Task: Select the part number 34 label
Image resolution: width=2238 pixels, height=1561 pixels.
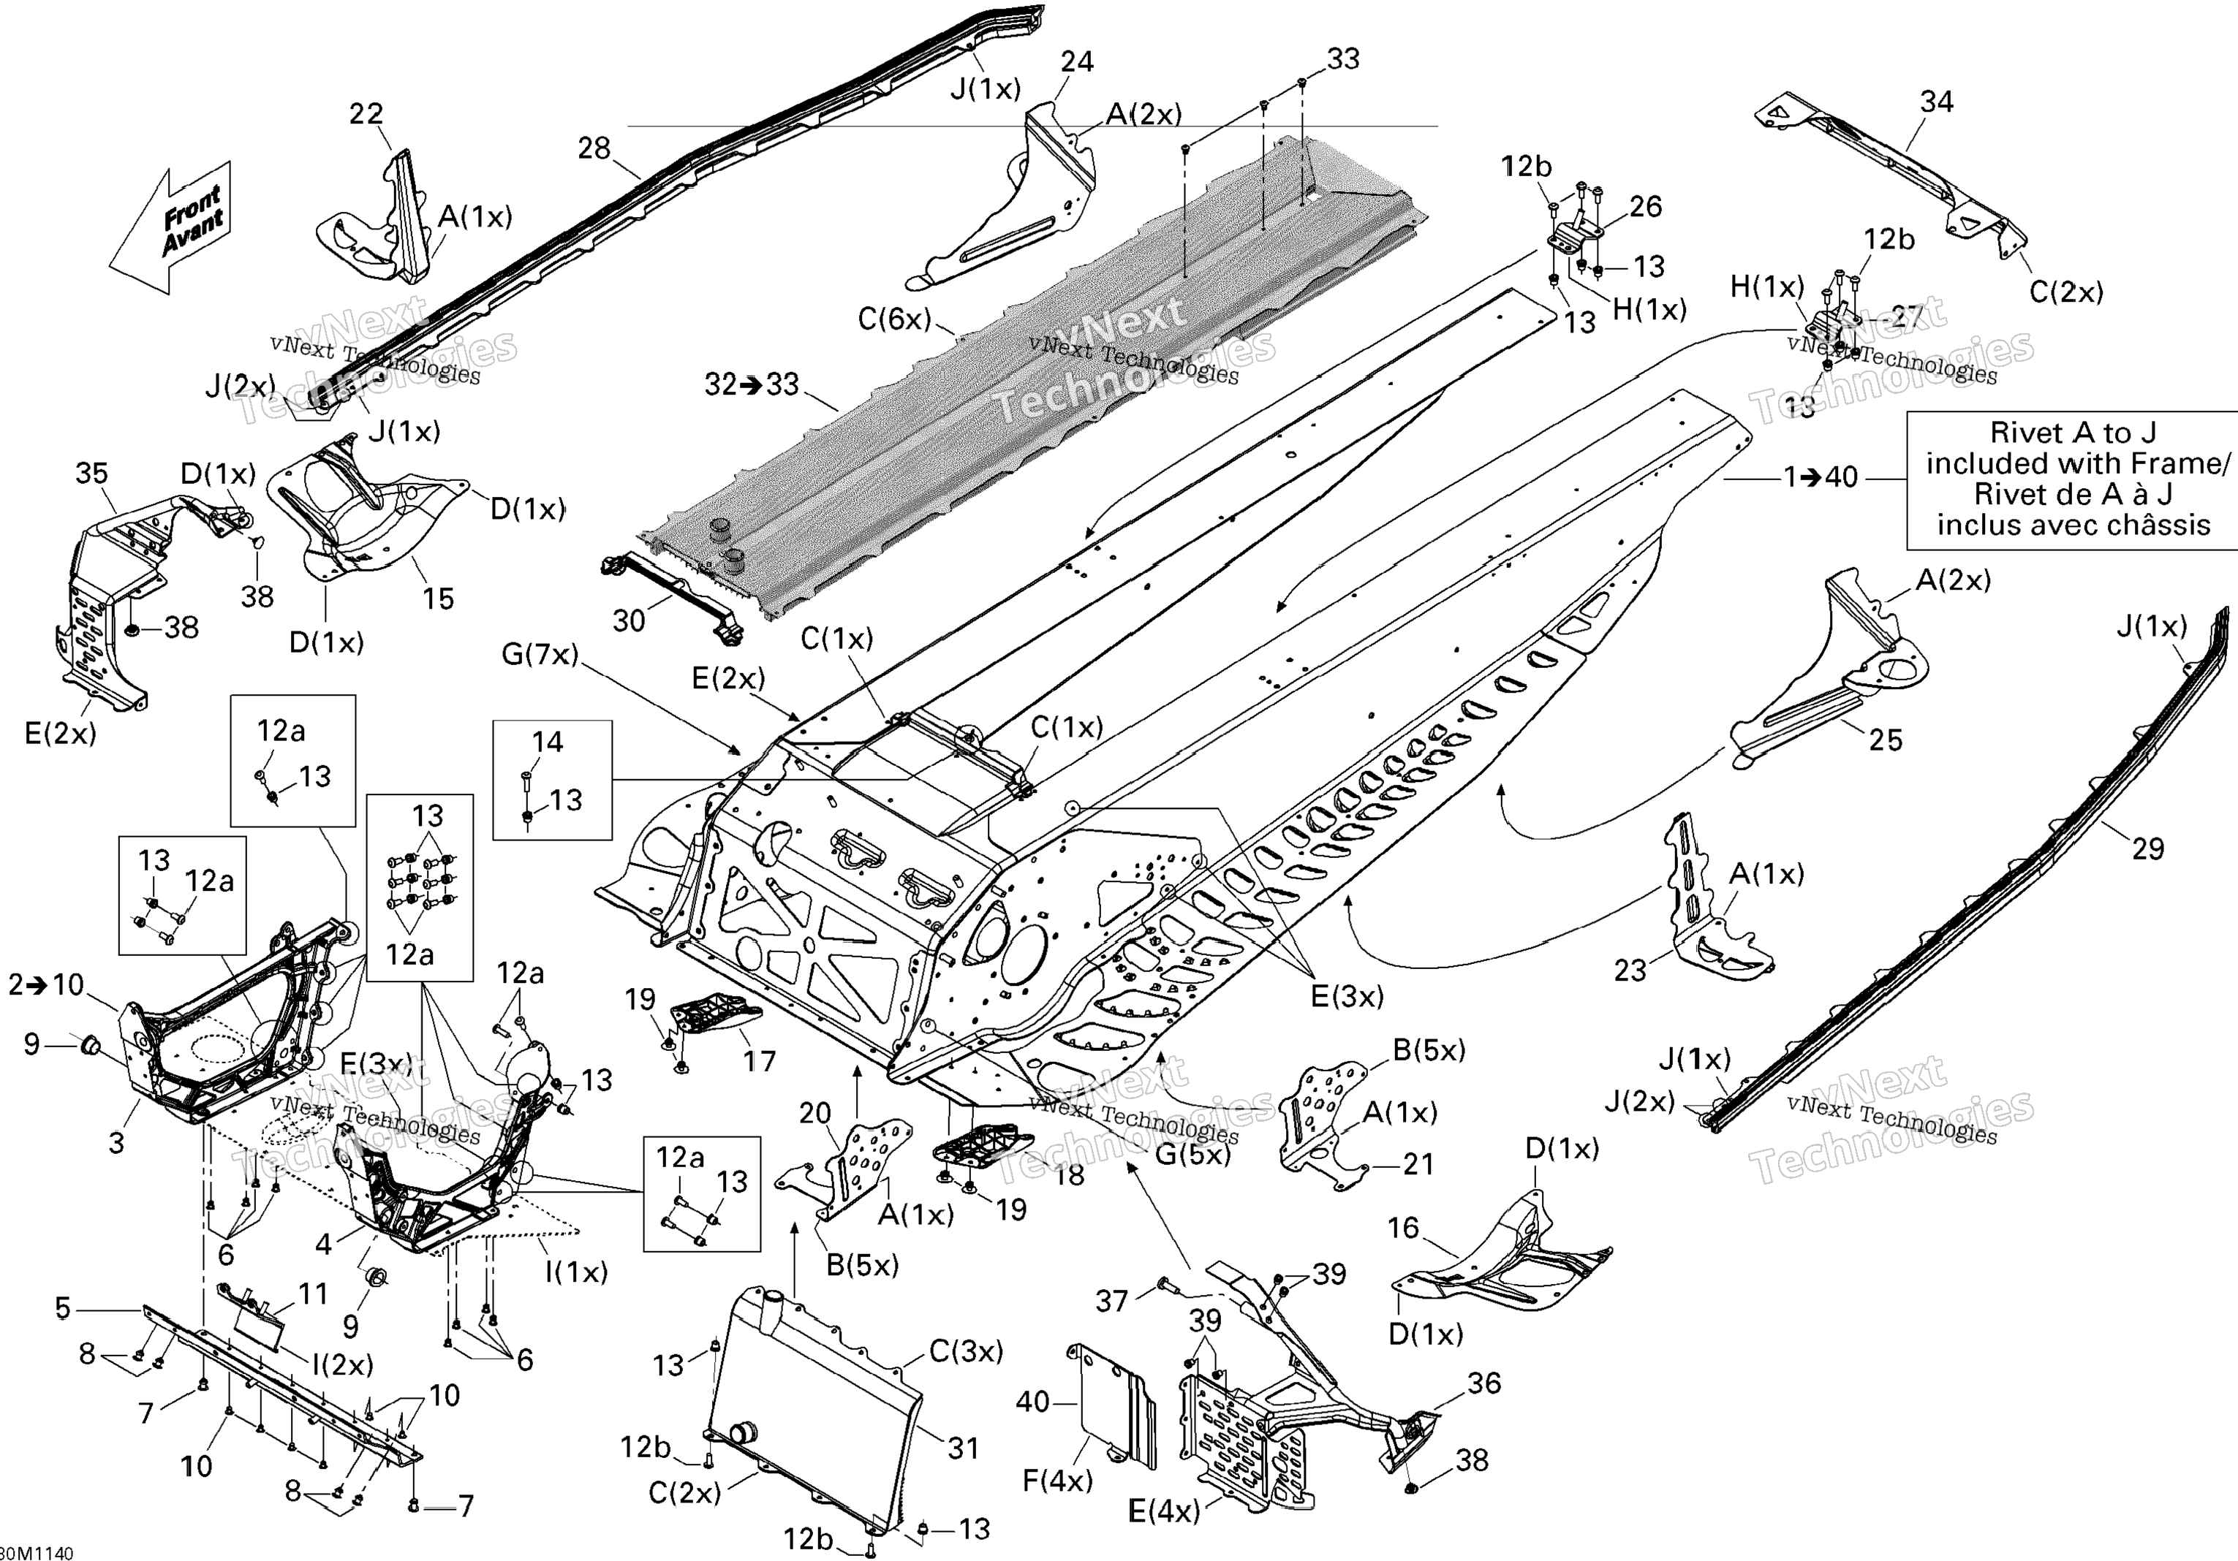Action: click(1936, 102)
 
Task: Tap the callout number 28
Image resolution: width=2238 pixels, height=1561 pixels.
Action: click(594, 148)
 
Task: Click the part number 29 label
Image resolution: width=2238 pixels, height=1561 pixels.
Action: click(2147, 848)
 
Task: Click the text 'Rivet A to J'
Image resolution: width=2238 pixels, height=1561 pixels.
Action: click(2072, 432)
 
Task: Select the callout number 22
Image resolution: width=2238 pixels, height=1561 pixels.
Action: click(366, 114)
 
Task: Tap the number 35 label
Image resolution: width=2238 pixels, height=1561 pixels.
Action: click(91, 474)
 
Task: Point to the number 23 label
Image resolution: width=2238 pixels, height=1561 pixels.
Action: click(1630, 971)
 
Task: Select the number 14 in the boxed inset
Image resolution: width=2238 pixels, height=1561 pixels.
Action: click(547, 742)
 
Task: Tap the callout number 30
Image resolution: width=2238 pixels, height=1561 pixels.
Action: click(629, 620)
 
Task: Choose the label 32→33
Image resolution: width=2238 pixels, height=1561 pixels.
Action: click(752, 385)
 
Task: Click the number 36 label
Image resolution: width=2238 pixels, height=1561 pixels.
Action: click(1483, 1383)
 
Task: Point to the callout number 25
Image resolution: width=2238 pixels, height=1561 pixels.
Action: click(1885, 740)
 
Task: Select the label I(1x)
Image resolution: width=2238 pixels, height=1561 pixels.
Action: click(575, 1272)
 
